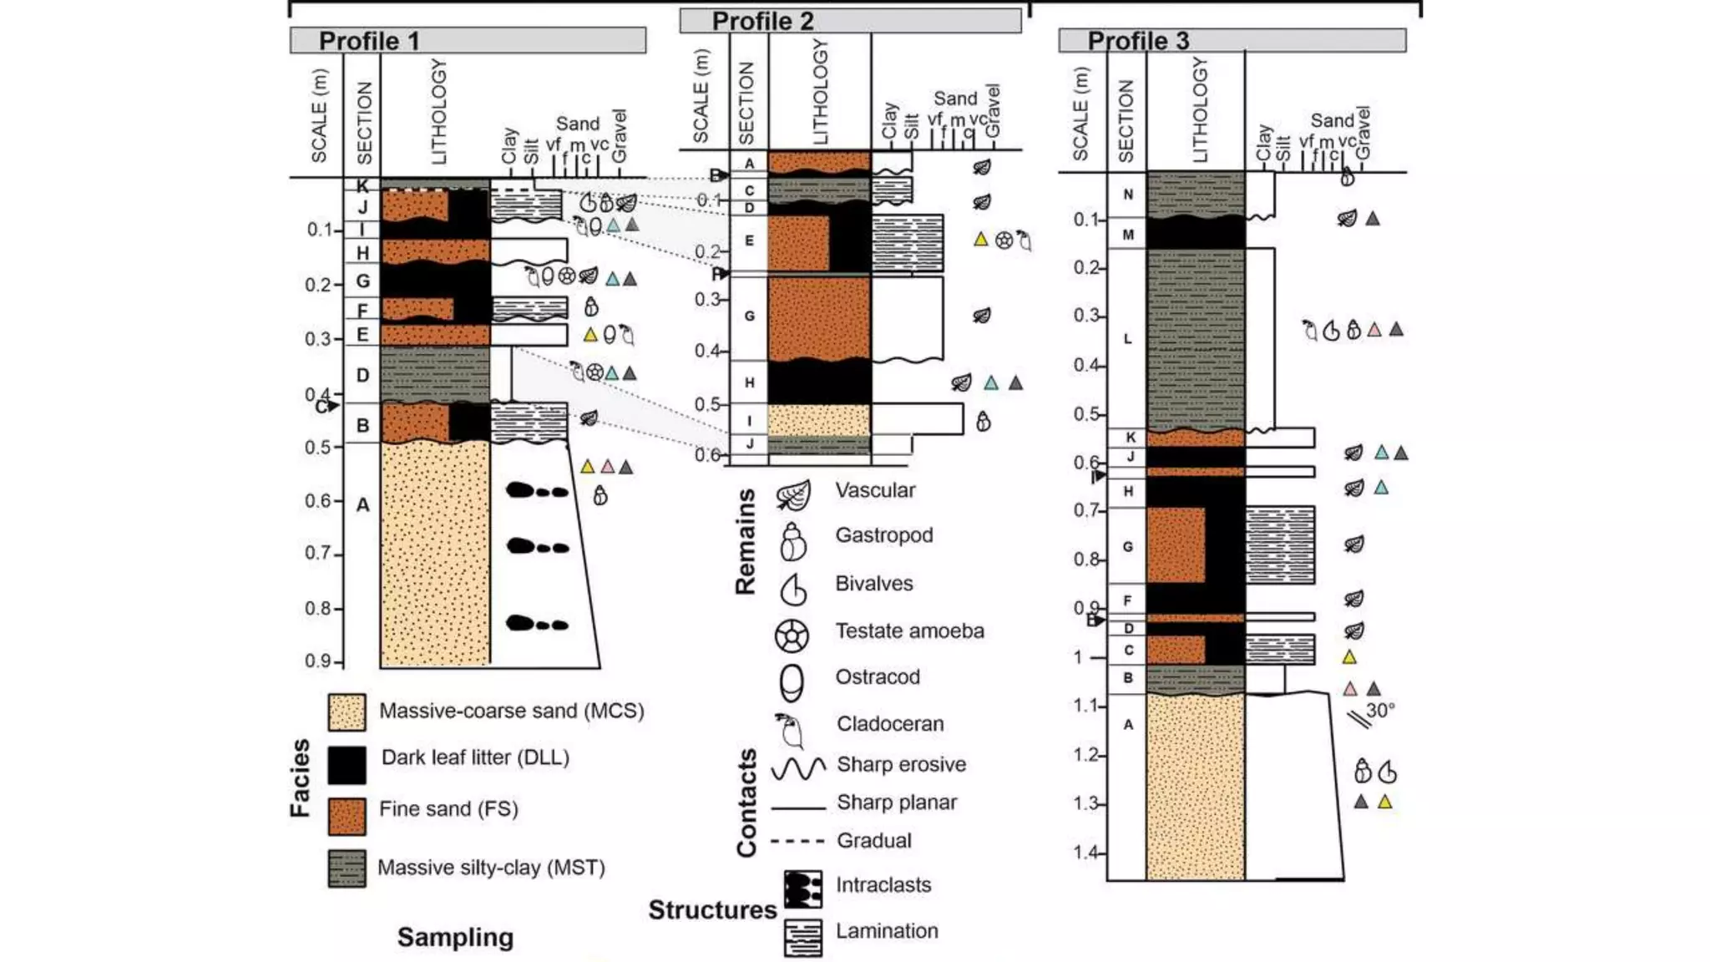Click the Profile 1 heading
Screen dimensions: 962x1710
369,41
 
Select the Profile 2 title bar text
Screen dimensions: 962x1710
762,21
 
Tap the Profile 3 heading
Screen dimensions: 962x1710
1138,40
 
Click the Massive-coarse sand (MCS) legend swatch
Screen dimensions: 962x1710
347,712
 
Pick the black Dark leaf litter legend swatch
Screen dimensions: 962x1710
347,764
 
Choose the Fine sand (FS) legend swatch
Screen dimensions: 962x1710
347,816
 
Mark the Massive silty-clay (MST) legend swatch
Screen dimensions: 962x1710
347,868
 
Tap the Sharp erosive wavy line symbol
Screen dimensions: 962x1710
798,767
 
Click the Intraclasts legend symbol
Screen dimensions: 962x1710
802,889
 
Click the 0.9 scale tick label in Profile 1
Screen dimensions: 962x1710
318,661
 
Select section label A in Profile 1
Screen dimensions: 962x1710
362,504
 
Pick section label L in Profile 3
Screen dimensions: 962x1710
1127,339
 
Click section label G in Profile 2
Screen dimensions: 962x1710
749,316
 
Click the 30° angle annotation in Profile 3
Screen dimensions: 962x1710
1380,710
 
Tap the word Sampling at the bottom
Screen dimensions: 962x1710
455,937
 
